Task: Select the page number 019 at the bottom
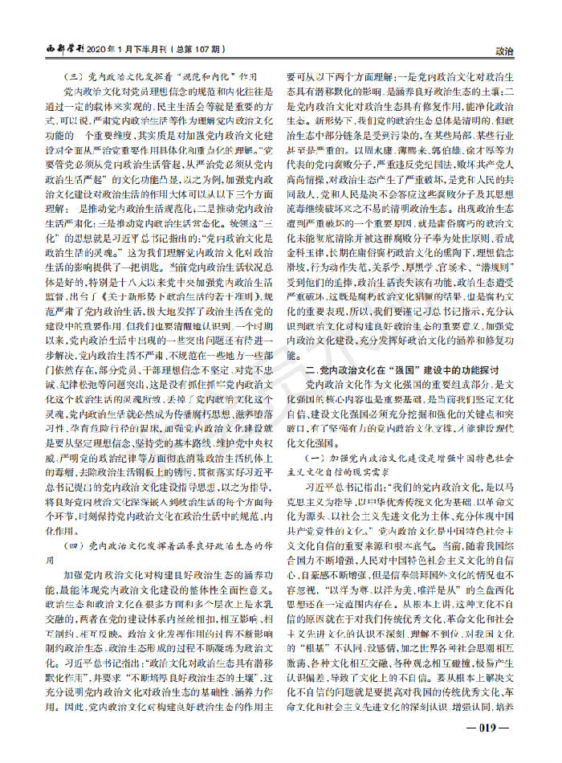point(488,728)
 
